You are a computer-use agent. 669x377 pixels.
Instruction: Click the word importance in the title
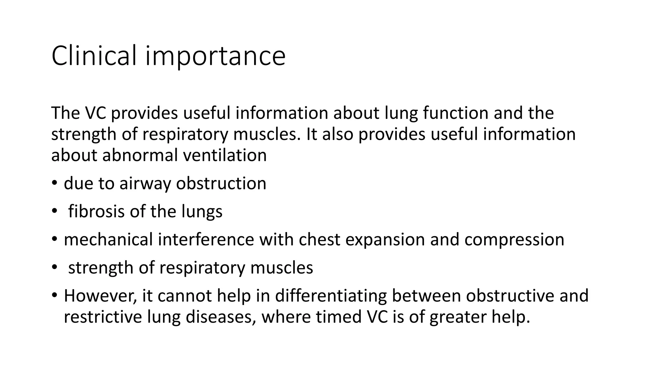click(x=215, y=57)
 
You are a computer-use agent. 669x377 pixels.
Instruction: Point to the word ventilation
click(x=225, y=155)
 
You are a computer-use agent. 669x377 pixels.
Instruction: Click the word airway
click(x=145, y=184)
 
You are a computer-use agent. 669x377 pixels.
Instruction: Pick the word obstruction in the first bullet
click(x=221, y=184)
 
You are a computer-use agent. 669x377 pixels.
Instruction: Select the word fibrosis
click(x=96, y=211)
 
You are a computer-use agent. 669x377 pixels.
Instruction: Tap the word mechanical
click(x=108, y=240)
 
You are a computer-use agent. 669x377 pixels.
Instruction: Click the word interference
click(x=206, y=240)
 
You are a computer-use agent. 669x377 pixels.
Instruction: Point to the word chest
click(x=319, y=240)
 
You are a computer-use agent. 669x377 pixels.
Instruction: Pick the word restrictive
click(x=103, y=317)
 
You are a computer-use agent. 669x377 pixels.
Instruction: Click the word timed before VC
click(x=338, y=317)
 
